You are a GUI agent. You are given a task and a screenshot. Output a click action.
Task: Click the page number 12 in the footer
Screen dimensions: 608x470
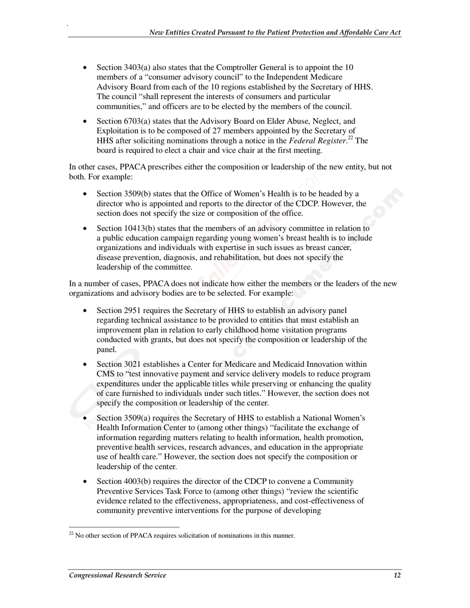click(397, 575)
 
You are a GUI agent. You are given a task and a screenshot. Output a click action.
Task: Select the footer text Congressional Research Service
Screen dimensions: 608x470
click(118, 575)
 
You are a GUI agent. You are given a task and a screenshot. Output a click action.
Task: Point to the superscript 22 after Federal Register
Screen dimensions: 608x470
click(348, 138)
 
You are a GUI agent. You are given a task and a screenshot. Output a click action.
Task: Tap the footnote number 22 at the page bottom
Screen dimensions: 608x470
click(71, 534)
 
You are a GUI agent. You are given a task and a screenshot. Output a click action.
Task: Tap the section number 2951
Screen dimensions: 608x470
click(132, 310)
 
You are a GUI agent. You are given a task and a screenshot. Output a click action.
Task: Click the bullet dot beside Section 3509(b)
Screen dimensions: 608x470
click(87, 194)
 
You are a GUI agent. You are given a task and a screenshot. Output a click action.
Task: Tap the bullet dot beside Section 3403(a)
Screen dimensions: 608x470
click(87, 68)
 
